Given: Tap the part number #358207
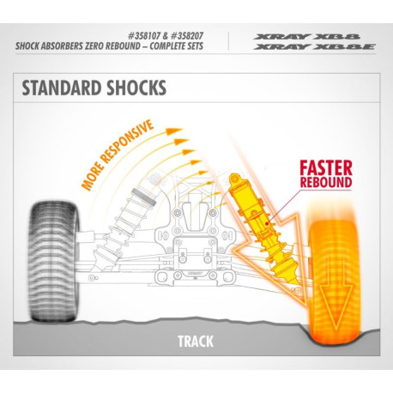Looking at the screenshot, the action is (186, 36).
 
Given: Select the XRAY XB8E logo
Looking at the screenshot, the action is (314, 46).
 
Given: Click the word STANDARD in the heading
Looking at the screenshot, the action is (62, 88).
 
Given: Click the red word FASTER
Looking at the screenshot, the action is (326, 168).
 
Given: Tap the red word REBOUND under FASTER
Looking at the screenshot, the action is (326, 182).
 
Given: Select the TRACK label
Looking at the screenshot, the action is (196, 342).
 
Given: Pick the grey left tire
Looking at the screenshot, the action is (53, 261).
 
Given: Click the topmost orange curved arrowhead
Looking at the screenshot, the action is (174, 131).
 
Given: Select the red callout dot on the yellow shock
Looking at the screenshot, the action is (267, 223).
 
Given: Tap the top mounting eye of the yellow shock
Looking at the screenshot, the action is (234, 178).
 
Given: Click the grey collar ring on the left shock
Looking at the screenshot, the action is (144, 196).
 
